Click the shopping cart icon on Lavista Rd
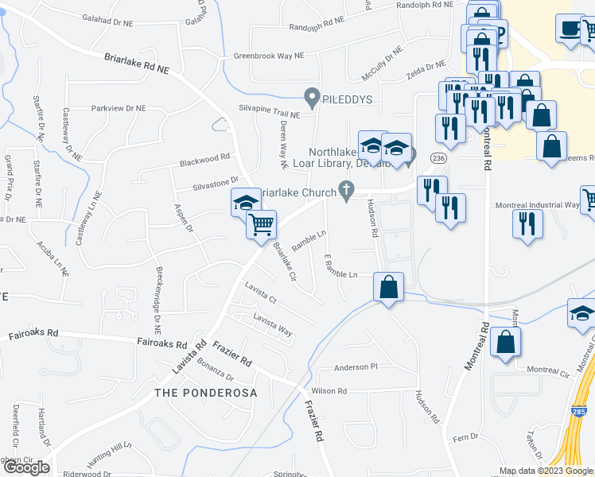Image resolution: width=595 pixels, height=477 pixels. tap(261, 225)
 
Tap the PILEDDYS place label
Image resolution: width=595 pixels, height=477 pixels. tap(348, 99)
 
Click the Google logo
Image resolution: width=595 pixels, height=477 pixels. tap(26, 467)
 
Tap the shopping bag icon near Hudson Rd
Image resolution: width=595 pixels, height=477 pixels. tap(389, 287)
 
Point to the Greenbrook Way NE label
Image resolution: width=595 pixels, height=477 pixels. tap(269, 56)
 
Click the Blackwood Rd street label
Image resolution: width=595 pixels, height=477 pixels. tap(204, 157)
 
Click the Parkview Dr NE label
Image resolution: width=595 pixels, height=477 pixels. tap(119, 108)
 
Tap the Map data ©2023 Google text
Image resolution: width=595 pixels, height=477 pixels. tap(544, 471)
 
